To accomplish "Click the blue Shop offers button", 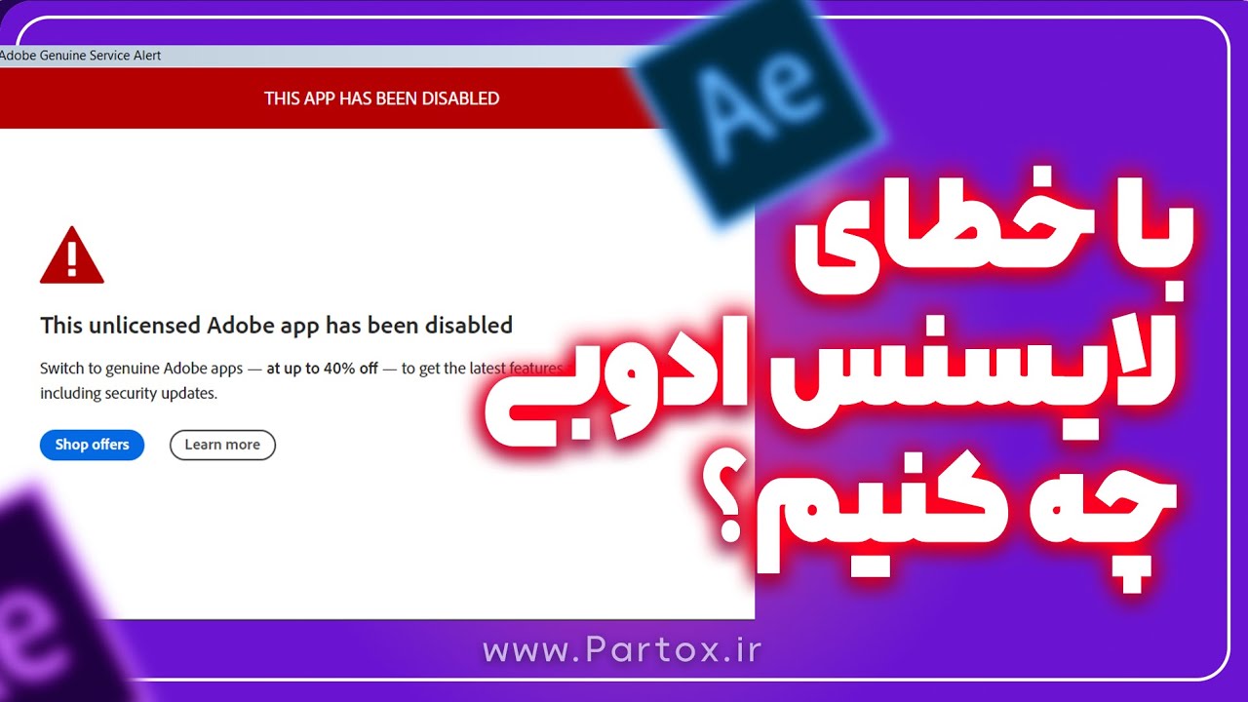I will [x=92, y=445].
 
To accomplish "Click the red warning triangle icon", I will [x=71, y=255].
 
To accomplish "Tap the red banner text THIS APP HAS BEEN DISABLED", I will [x=381, y=98].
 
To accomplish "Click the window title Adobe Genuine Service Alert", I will [x=80, y=56].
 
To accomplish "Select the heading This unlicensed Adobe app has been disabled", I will [x=276, y=325].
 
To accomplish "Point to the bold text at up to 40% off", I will [x=322, y=369].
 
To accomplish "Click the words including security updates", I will [x=128, y=394].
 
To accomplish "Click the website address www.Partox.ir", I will [x=622, y=649].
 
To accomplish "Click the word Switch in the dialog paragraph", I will [x=61, y=369].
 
